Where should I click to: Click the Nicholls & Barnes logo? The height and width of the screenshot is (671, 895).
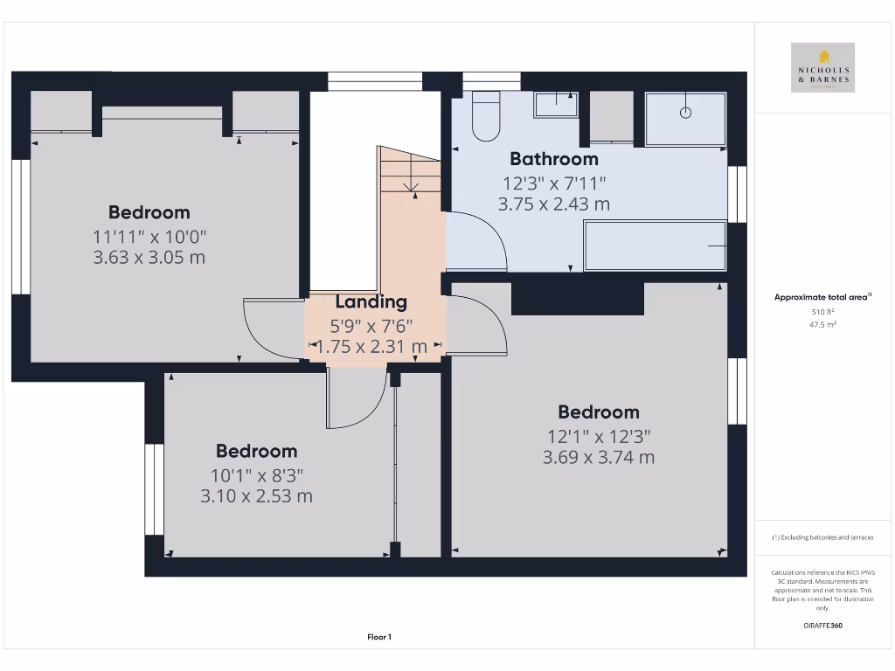(x=822, y=68)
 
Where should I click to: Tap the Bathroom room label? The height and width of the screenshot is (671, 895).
(x=554, y=159)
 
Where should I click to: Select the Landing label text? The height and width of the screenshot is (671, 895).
(x=371, y=302)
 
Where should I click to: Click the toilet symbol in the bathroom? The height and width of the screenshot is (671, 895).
(x=485, y=118)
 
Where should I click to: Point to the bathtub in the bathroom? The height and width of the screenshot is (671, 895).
(x=655, y=246)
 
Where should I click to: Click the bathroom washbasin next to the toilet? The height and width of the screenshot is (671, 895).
(x=555, y=104)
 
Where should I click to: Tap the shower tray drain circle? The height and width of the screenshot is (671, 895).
(x=686, y=112)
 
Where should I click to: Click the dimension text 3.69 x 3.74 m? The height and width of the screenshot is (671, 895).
(x=599, y=457)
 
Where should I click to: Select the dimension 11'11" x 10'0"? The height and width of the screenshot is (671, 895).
(x=149, y=236)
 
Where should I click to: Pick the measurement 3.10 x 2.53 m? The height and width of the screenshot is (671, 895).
(x=256, y=496)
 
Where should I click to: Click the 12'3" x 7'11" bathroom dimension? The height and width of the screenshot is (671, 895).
(x=554, y=183)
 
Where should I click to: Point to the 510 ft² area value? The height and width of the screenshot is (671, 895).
(x=822, y=311)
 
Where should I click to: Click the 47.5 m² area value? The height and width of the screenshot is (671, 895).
(x=822, y=323)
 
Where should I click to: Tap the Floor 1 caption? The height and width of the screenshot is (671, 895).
(x=379, y=638)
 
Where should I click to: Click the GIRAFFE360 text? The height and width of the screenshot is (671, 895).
(x=822, y=626)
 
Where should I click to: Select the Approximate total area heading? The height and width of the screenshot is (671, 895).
(x=822, y=298)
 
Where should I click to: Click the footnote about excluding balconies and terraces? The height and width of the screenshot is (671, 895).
(x=822, y=537)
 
